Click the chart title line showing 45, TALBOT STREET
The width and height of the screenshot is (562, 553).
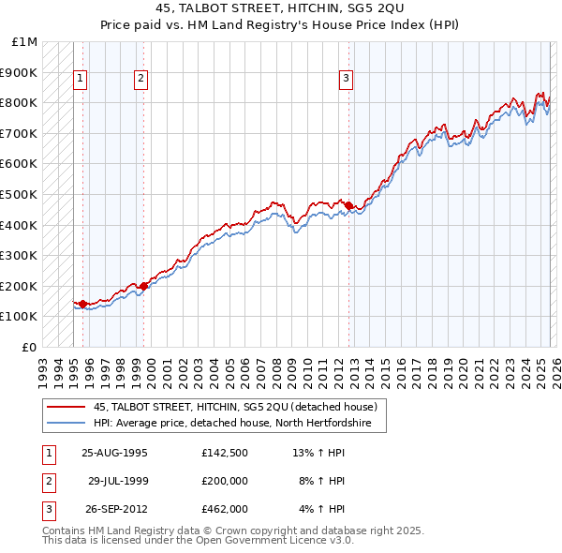280,8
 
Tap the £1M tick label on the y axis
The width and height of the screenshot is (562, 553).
26,42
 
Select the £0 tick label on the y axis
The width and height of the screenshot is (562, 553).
30,347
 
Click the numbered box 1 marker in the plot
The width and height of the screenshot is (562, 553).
81,80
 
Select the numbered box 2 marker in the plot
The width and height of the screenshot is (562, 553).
140,80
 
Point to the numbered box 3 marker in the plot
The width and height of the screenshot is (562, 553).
346,80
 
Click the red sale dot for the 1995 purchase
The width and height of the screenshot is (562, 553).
83,304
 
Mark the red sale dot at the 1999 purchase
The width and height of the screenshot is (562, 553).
144,286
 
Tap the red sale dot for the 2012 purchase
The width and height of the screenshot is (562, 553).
348,206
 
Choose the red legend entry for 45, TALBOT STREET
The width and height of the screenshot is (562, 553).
235,407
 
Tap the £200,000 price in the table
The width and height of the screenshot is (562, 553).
224,481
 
